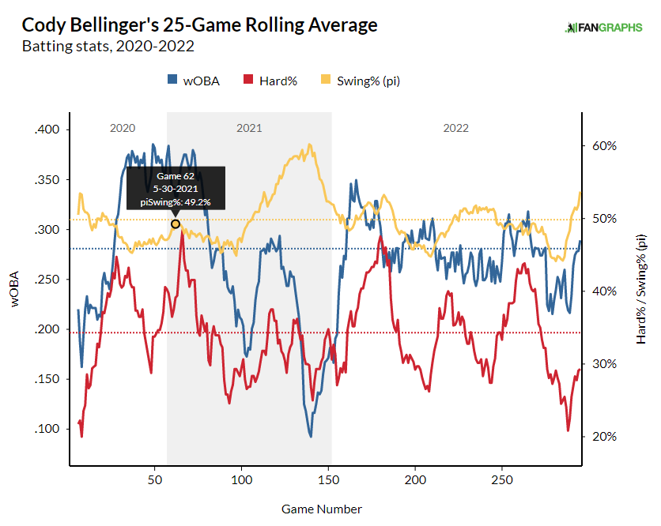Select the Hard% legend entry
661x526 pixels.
(x=270, y=80)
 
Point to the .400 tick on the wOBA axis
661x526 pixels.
(x=49, y=130)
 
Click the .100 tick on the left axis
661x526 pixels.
(x=49, y=429)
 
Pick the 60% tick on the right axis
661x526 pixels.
(x=599, y=146)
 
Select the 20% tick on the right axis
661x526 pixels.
(x=599, y=437)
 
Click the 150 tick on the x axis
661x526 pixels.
(x=328, y=479)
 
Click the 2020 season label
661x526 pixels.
(x=123, y=128)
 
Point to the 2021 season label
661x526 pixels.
(x=249, y=128)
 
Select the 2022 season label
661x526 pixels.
(x=455, y=128)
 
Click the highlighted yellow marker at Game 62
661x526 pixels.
(x=176, y=224)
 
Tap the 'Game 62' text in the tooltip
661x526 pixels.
(x=176, y=176)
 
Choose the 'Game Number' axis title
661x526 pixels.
(x=322, y=509)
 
